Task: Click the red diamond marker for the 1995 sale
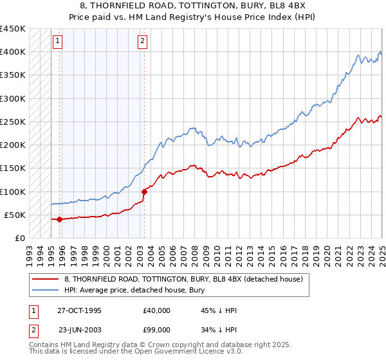pos(60,219)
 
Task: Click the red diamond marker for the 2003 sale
pos(144,192)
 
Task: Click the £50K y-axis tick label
pos(15,215)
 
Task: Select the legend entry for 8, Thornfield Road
pos(187,279)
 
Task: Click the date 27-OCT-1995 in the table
pos(79,310)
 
